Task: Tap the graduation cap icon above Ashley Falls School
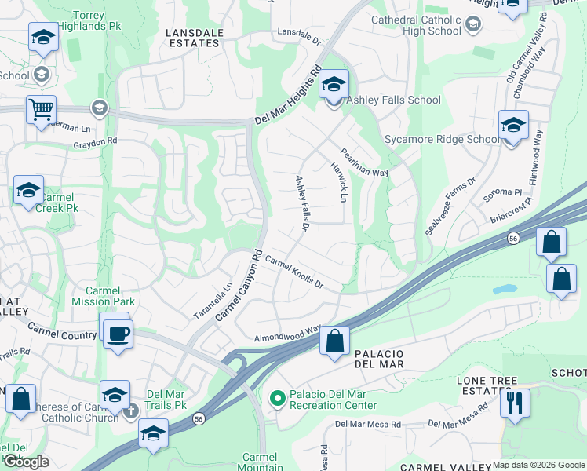click(334, 85)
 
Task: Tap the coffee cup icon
click(118, 334)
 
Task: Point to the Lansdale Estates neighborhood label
click(194, 38)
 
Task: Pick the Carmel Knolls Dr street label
click(294, 272)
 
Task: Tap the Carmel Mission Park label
click(104, 296)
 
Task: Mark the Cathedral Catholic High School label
click(416, 25)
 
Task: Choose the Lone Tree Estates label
click(487, 385)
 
